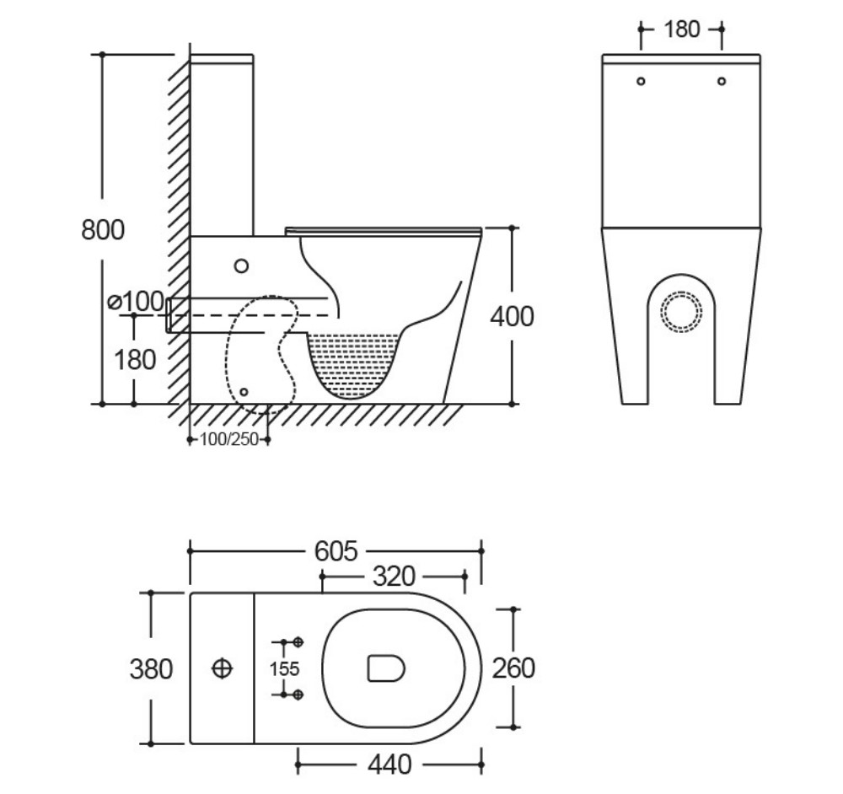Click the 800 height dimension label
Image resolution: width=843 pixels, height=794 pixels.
[x=103, y=229]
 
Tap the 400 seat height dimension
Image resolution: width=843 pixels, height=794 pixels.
[x=513, y=316]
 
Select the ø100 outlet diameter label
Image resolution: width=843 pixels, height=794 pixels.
[x=136, y=300]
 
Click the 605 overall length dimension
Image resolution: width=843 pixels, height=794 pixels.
[x=336, y=550]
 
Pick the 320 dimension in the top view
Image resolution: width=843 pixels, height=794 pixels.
[x=394, y=577]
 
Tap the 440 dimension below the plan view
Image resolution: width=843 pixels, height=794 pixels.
[x=389, y=764]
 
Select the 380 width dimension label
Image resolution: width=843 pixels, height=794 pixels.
[x=151, y=668]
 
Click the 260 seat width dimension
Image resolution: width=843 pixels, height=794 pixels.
[x=513, y=668]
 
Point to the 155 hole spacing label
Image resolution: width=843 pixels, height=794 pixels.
[x=285, y=668]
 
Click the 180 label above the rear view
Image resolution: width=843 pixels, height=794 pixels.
[x=681, y=29]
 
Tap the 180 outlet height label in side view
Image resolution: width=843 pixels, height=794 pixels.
[x=135, y=359]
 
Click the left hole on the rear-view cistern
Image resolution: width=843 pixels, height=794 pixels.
[x=641, y=81]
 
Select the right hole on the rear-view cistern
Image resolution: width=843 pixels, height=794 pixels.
[x=722, y=81]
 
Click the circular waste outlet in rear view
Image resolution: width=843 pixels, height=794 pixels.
[x=681, y=310]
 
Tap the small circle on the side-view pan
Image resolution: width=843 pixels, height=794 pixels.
[x=242, y=266]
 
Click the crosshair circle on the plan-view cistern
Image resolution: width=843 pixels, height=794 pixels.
[x=222, y=668]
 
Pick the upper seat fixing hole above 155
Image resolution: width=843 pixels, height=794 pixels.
[x=298, y=642]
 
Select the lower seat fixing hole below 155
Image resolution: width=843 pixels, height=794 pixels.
[x=298, y=694]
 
